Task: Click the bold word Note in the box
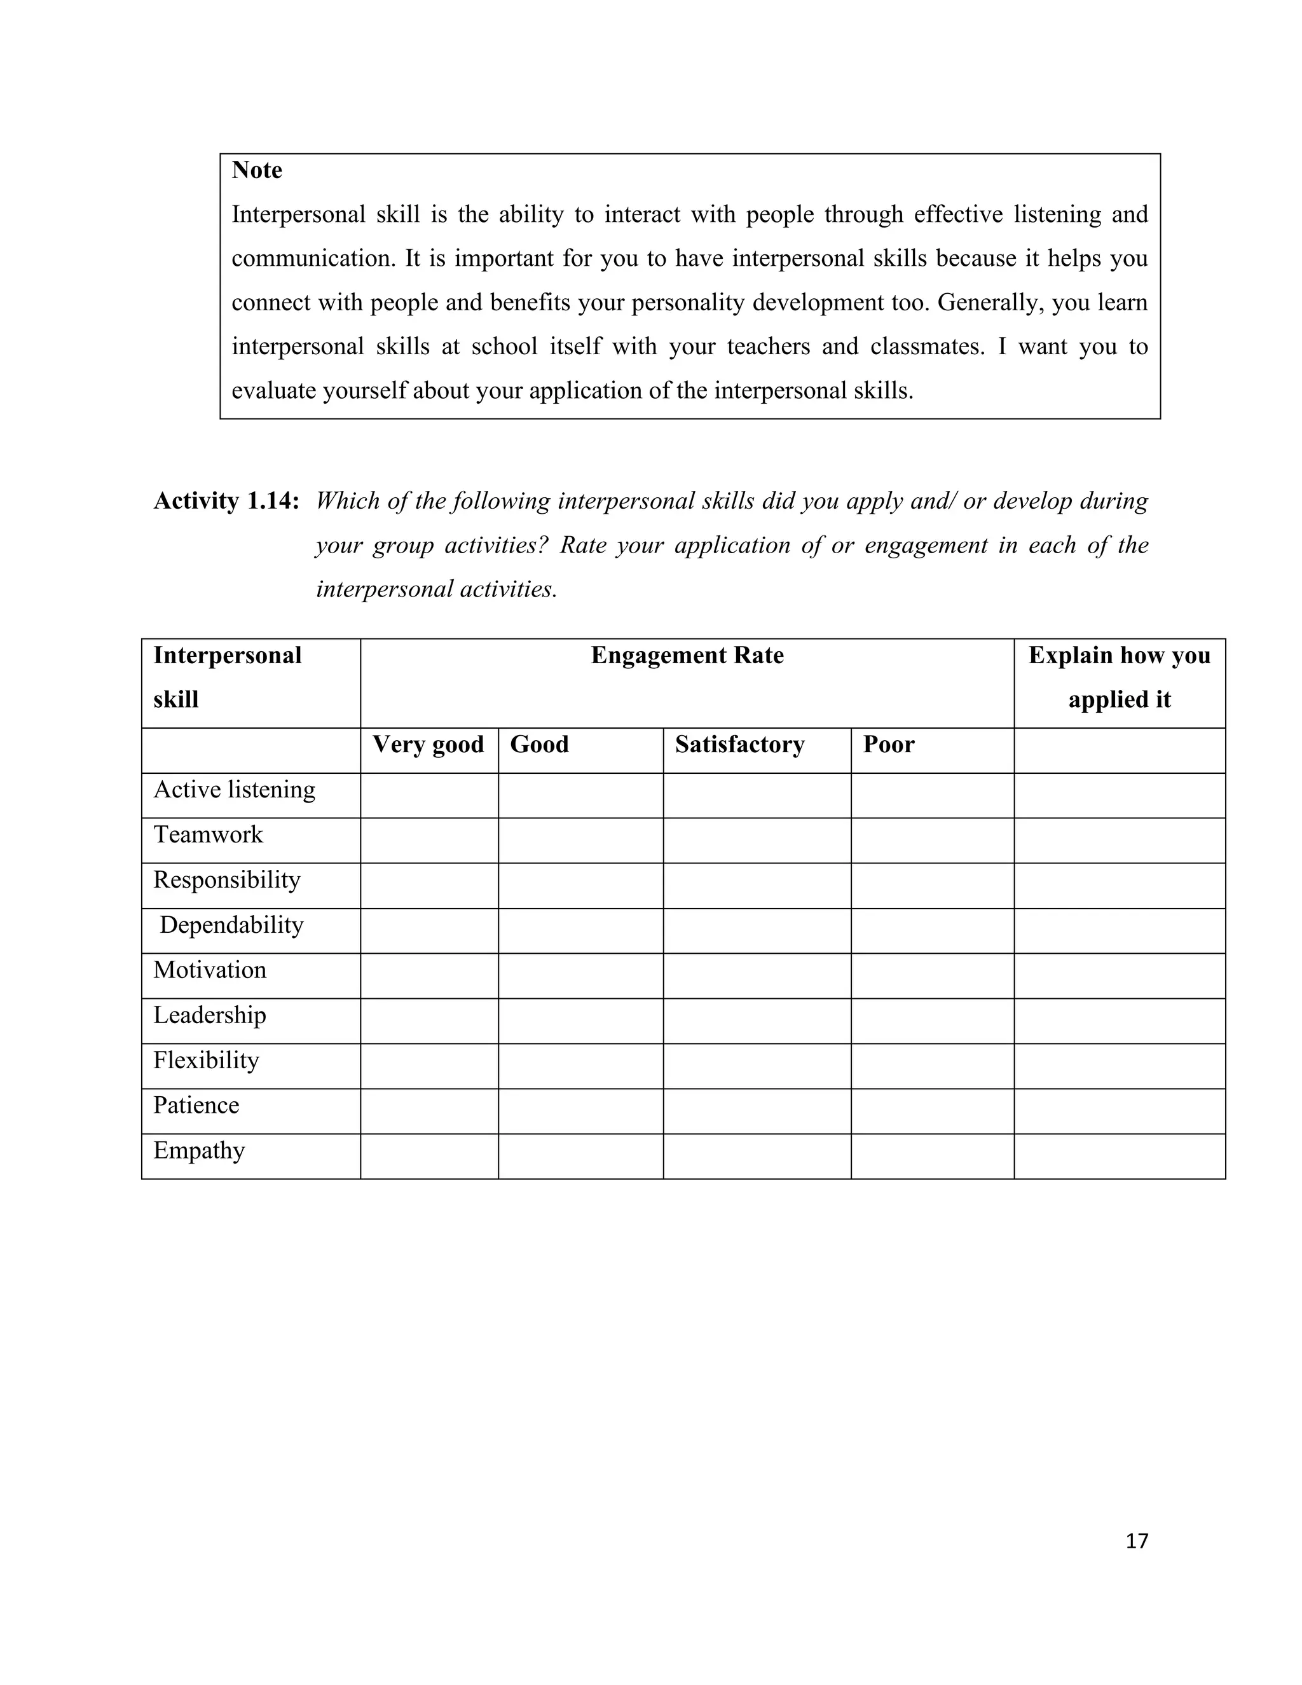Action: [x=256, y=170]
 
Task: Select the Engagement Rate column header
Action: [x=687, y=655]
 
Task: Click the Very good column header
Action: [x=428, y=745]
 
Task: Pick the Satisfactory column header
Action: [x=739, y=745]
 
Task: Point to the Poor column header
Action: [x=887, y=745]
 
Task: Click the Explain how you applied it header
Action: [x=1118, y=677]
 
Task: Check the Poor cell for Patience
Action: [x=932, y=1111]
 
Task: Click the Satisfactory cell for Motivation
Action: [x=757, y=976]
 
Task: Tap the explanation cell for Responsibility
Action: [x=1118, y=886]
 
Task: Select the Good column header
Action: [x=539, y=745]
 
